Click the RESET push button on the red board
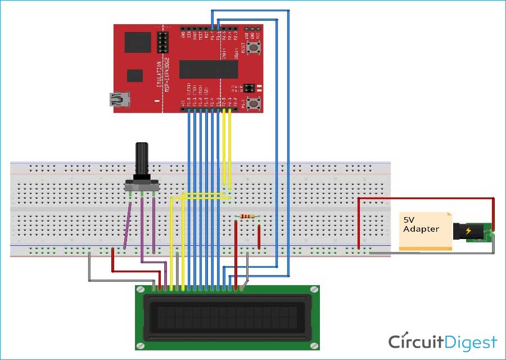253,48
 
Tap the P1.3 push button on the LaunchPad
253,102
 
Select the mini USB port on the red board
119,100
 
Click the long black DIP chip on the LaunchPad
208,69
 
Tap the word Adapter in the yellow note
421,229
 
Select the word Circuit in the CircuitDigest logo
415,342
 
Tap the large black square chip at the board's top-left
138,42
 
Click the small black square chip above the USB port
135,75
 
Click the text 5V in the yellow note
408,220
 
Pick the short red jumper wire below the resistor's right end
259,236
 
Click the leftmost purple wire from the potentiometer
128,225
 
